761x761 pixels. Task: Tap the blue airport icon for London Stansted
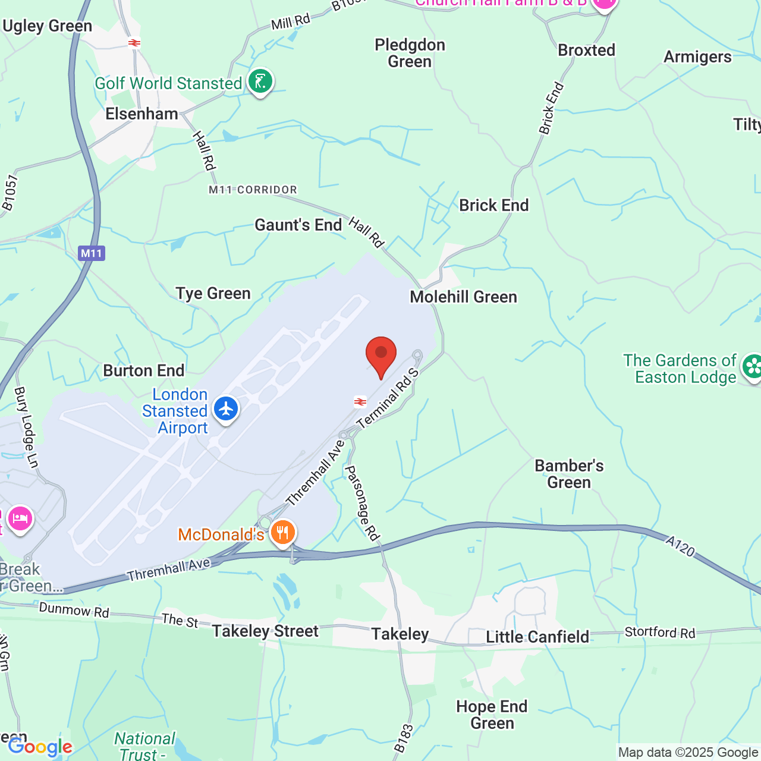tap(226, 409)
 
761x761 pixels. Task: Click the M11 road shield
tap(92, 253)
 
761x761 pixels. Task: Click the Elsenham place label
tap(141, 114)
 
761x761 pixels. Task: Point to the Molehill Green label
tap(463, 297)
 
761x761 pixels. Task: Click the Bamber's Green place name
tap(569, 474)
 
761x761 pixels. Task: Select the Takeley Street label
tap(265, 631)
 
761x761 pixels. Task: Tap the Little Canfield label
tap(537, 637)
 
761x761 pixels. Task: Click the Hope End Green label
tap(492, 715)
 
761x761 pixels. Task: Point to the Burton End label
tap(144, 371)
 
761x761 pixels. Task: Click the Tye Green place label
tap(213, 294)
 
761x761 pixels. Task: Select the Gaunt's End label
tap(298, 225)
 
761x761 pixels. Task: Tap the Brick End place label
tap(493, 206)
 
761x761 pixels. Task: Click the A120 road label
tap(680, 546)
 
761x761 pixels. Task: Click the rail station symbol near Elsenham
tap(134, 43)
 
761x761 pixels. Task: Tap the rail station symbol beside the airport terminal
tap(360, 402)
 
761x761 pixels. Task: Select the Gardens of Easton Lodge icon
tap(752, 366)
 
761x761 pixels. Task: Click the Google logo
tap(40, 747)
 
